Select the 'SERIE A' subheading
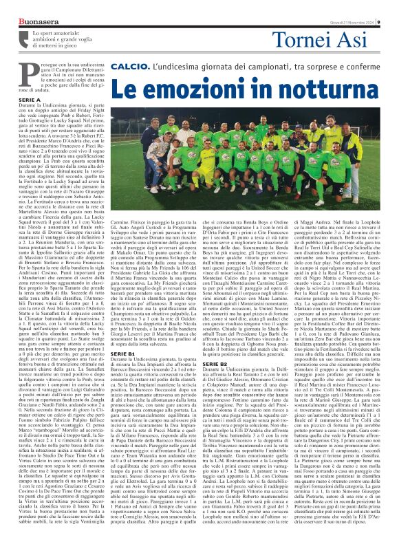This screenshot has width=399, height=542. pos(30,99)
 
